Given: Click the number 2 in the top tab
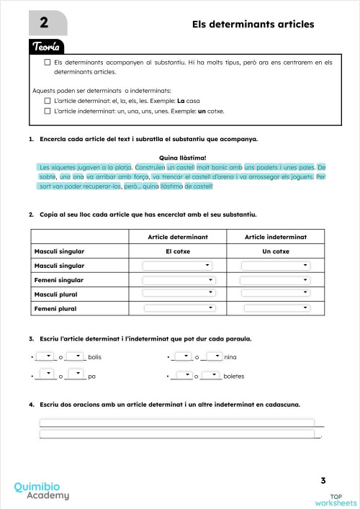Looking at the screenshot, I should (x=44, y=23).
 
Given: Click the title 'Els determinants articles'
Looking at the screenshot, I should (x=253, y=24).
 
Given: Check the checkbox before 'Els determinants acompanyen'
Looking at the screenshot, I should (x=48, y=63).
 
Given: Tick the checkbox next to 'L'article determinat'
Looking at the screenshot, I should (x=48, y=101).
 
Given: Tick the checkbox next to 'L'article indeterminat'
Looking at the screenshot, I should (x=48, y=112).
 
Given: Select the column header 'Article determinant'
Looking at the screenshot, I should (x=178, y=237).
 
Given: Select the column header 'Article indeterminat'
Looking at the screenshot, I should (x=276, y=237).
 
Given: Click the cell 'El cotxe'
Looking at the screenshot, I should (x=178, y=251).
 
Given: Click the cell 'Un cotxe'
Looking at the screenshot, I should (x=276, y=251).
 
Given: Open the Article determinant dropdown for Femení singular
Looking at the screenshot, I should (x=179, y=279).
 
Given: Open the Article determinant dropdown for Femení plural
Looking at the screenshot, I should (x=179, y=308).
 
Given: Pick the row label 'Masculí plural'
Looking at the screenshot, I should (x=59, y=294).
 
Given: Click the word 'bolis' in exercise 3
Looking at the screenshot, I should (x=94, y=357).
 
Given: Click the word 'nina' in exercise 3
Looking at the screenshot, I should (x=230, y=357).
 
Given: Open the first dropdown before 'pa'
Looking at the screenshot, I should (x=45, y=374).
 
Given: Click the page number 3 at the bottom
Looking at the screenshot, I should (x=323, y=480).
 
